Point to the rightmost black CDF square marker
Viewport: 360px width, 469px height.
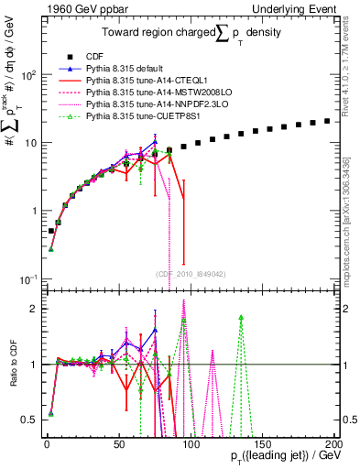(x=327, y=121)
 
